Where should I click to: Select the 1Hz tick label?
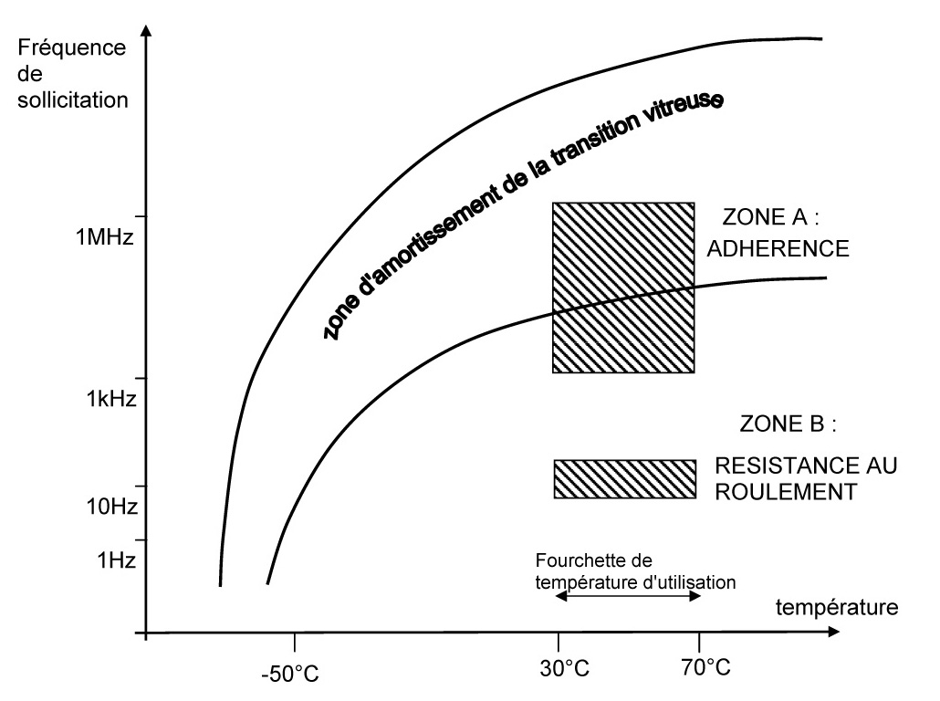(115, 560)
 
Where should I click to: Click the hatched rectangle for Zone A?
(623, 288)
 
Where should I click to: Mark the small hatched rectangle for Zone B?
(623, 479)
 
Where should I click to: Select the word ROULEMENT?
(786, 492)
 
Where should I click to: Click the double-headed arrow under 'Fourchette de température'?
(628, 595)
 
